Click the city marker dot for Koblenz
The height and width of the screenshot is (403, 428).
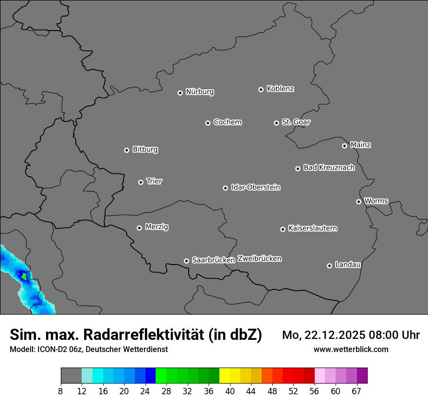(x=261, y=89)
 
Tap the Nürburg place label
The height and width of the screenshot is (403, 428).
(x=199, y=92)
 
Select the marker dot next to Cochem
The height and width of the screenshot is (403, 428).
(x=208, y=123)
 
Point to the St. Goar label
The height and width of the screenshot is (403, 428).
(x=296, y=122)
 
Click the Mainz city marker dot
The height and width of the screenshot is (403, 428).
(x=344, y=146)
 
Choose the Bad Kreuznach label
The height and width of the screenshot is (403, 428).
(x=329, y=168)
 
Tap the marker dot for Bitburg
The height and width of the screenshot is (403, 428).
(x=126, y=150)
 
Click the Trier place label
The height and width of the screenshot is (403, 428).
(x=154, y=181)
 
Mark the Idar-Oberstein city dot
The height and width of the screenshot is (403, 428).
(x=225, y=188)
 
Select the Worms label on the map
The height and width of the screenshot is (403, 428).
(x=376, y=201)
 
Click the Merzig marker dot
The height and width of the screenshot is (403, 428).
(x=139, y=228)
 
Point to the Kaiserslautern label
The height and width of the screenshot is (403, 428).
(x=313, y=228)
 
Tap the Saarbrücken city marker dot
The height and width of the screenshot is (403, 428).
(x=186, y=261)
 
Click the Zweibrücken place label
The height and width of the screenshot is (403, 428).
(x=259, y=259)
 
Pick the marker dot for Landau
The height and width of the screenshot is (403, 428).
(x=329, y=266)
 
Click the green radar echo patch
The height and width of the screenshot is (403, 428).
(x=23, y=276)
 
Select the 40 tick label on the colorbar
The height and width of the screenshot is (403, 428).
(x=230, y=391)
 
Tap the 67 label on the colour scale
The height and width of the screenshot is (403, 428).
(x=357, y=391)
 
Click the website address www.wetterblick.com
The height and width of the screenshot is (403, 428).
(x=351, y=350)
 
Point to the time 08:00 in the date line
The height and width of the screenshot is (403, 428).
(x=372, y=335)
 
